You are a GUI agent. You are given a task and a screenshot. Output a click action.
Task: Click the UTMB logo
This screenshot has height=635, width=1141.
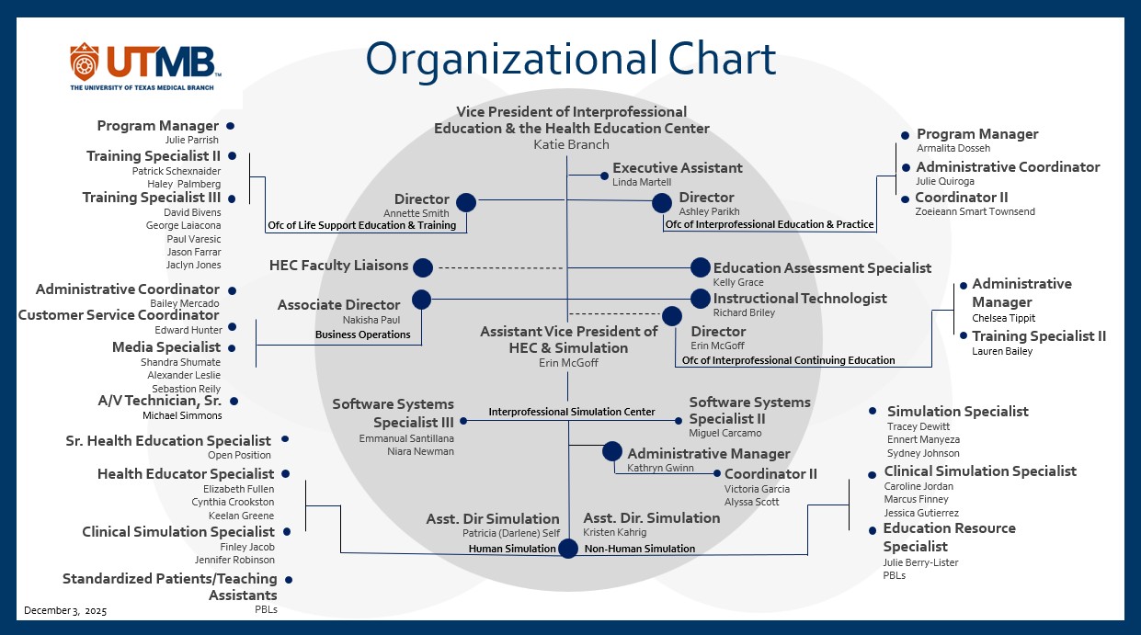click(145, 66)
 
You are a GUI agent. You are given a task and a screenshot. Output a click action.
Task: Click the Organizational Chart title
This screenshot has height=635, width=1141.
click(570, 59)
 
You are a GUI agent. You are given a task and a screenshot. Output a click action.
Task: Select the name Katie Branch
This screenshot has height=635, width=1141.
click(571, 144)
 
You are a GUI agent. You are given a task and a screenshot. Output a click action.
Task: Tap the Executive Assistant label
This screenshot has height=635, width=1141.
click(677, 168)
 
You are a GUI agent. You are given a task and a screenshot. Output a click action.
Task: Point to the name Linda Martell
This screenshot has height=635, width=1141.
click(642, 183)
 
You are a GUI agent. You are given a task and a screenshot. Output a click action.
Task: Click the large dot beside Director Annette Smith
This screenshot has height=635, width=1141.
click(466, 203)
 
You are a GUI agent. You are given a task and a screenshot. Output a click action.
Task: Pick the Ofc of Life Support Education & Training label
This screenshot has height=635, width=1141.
click(361, 225)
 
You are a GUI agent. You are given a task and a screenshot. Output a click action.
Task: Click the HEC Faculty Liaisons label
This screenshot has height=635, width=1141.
click(338, 266)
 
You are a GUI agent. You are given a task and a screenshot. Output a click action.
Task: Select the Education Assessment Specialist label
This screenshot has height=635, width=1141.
click(822, 268)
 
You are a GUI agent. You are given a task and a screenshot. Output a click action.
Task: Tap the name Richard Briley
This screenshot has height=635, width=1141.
click(744, 312)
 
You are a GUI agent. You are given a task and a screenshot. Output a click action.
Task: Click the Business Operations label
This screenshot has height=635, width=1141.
click(362, 335)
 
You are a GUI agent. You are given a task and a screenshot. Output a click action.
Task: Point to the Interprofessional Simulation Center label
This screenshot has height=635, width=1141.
click(571, 412)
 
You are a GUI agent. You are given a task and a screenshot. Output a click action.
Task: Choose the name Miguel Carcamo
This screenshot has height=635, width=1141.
click(725, 433)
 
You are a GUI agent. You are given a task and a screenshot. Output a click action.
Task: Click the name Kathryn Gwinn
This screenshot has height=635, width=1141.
click(660, 468)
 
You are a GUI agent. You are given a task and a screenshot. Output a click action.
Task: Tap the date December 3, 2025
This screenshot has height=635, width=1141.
click(65, 611)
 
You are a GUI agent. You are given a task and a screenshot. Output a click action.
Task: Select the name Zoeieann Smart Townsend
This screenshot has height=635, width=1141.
click(975, 212)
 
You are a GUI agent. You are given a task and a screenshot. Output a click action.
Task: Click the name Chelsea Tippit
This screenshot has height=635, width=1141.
click(1003, 318)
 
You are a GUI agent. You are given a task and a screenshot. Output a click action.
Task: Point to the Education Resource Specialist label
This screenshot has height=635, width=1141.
click(949, 538)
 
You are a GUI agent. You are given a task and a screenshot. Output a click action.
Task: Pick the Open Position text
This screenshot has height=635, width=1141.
click(239, 455)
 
